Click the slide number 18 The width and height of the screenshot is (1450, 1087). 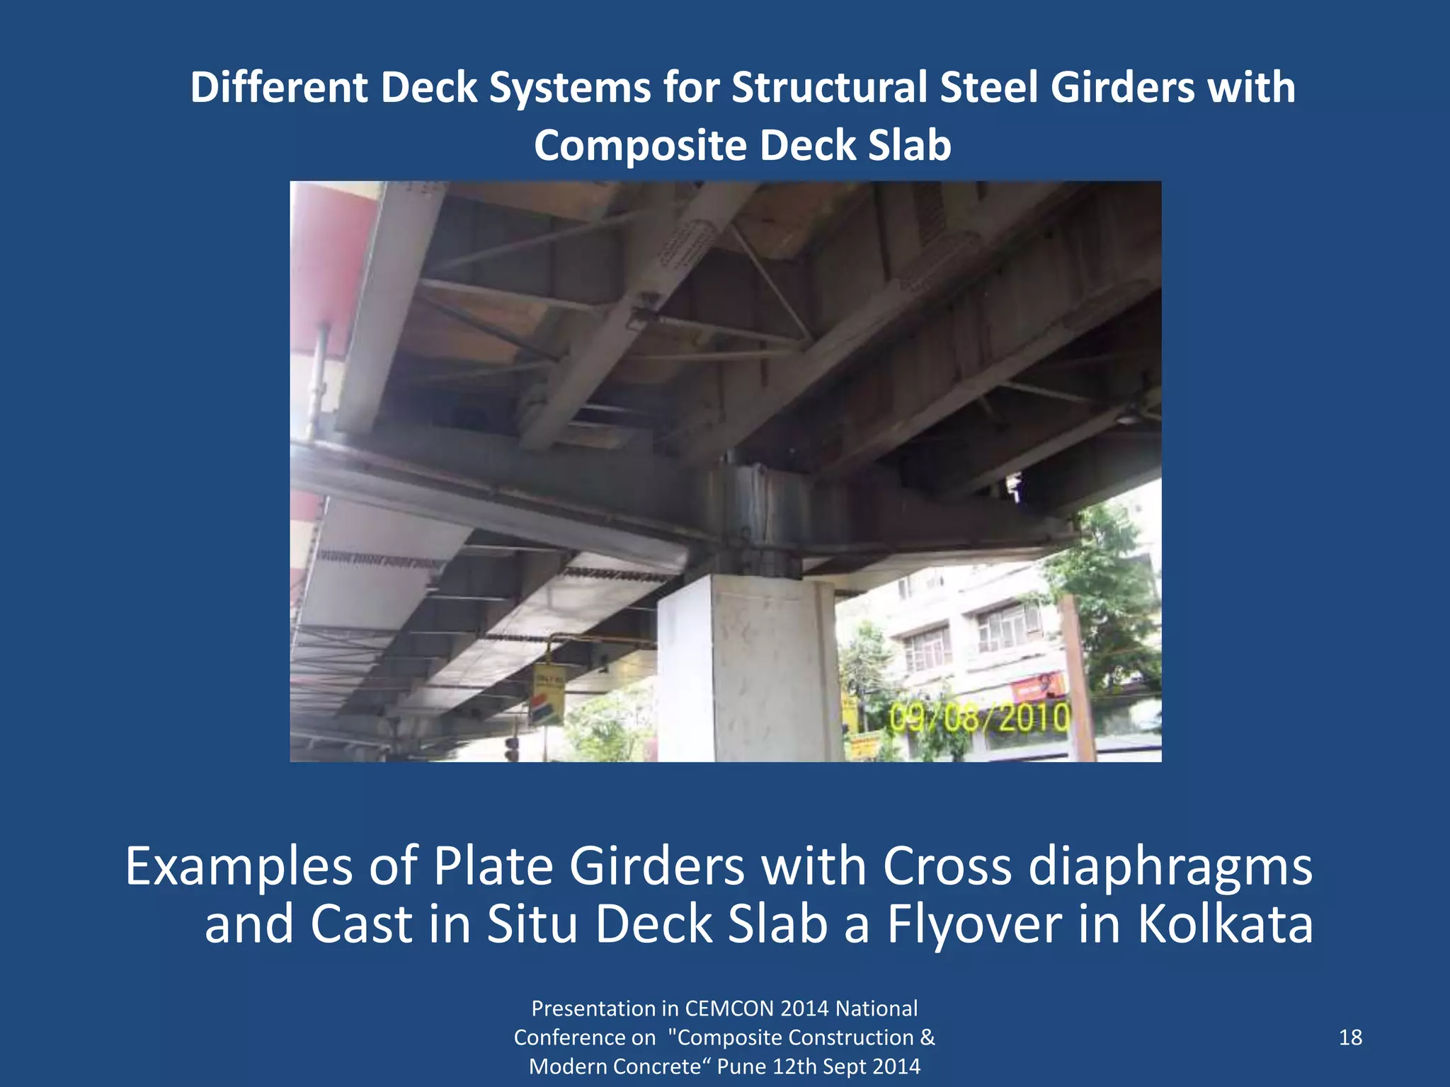(1350, 1037)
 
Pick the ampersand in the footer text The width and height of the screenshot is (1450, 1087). (927, 1037)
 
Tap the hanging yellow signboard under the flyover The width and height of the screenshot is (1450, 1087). (549, 694)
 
